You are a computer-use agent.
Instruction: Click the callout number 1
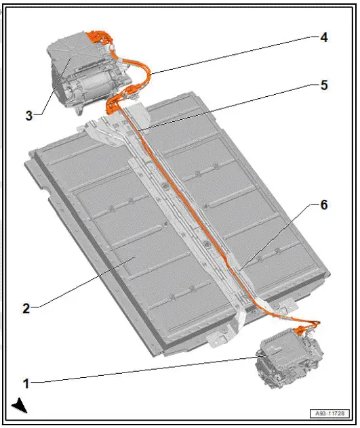point(26,383)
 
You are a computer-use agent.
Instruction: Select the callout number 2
point(26,308)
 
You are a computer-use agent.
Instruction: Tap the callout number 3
point(29,115)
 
